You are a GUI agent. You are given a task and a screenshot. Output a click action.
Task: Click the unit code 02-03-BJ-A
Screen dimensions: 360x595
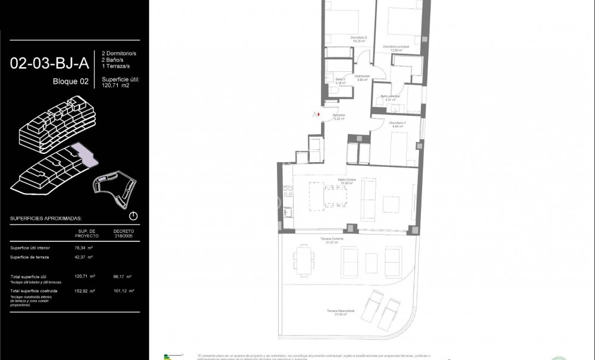pos(49,63)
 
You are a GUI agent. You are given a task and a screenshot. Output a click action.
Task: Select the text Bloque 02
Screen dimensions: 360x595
pos(70,81)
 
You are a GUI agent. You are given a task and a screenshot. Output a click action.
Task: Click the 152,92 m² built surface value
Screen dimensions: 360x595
pos(87,291)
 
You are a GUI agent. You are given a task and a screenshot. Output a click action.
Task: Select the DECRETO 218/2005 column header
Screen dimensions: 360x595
pos(123,232)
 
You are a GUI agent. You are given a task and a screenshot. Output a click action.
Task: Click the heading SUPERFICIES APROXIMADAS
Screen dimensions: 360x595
pos(46,219)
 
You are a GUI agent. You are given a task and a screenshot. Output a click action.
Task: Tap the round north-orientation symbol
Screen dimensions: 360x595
pos(133,216)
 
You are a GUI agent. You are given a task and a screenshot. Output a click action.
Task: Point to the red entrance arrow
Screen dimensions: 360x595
pos(319,115)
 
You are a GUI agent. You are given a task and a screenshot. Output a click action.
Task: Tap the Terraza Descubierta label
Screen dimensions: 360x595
pos(340,311)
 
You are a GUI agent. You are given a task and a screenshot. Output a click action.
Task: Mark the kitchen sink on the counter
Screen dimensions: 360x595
pos(288,211)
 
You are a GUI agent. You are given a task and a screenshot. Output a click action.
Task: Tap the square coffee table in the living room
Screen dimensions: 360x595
pos(392,204)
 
